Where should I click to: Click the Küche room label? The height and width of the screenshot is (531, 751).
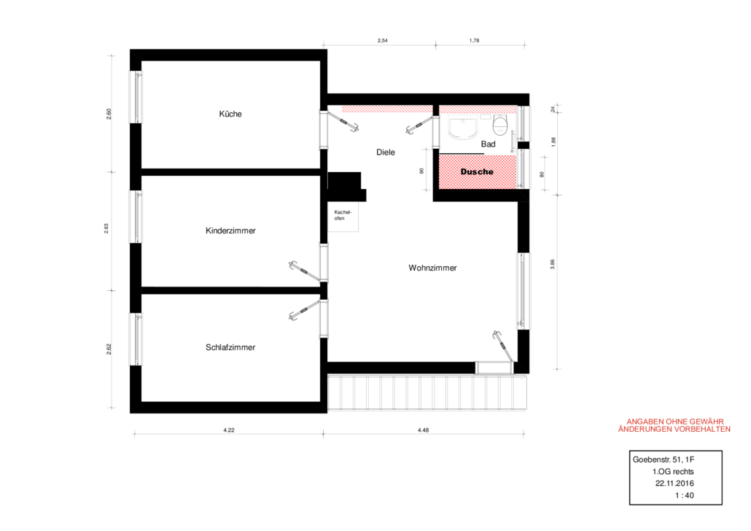pyautogui.click(x=230, y=114)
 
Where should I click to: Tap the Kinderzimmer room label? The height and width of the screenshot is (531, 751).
pyautogui.click(x=230, y=230)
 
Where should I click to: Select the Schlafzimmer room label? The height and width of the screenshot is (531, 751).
pyautogui.click(x=230, y=347)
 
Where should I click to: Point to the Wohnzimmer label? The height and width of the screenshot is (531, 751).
pyautogui.click(x=432, y=268)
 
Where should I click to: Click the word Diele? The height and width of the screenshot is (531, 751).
pyautogui.click(x=386, y=152)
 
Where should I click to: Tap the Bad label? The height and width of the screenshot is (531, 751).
pyautogui.click(x=488, y=144)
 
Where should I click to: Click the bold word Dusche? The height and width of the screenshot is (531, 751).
pyautogui.click(x=477, y=171)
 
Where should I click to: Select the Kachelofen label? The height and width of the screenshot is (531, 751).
pyautogui.click(x=343, y=215)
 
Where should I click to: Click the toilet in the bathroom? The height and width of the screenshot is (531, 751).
pyautogui.click(x=500, y=124)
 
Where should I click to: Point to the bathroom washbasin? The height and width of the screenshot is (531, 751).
pyautogui.click(x=463, y=128)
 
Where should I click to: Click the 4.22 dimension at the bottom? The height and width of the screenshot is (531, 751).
pyautogui.click(x=229, y=430)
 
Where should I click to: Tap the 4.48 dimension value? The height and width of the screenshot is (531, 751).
pyautogui.click(x=424, y=430)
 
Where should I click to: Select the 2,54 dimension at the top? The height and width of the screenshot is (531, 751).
pyautogui.click(x=382, y=41)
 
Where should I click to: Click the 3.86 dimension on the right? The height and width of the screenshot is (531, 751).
pyautogui.click(x=552, y=264)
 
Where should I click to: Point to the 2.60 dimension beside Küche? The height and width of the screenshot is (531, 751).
pyautogui.click(x=109, y=114)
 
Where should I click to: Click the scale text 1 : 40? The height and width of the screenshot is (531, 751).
pyautogui.click(x=685, y=495)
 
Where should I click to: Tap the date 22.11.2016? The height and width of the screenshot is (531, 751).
pyautogui.click(x=674, y=484)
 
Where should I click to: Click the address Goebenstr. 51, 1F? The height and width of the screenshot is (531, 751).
pyautogui.click(x=664, y=460)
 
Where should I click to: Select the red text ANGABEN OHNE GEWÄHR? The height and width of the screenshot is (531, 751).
pyautogui.click(x=675, y=422)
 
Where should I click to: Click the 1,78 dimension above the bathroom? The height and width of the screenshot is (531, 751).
pyautogui.click(x=474, y=41)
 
